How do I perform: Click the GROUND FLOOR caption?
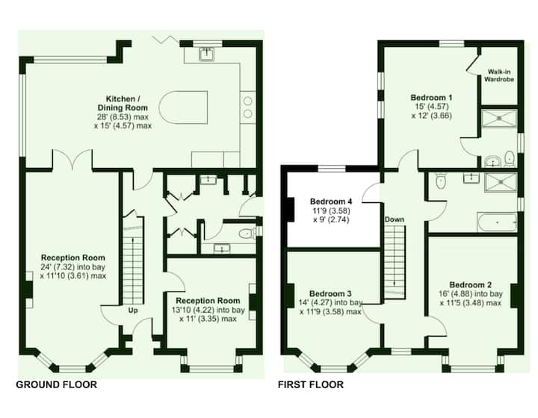56,384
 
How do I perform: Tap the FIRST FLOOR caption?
311,384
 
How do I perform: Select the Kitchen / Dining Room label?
123,103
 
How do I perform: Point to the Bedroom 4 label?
331,201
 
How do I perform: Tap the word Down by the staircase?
395,219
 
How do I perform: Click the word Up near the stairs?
133,311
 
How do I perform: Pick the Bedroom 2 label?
471,284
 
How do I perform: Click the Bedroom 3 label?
330,293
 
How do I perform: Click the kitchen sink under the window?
206,54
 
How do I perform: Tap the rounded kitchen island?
184,107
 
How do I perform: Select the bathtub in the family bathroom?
497,222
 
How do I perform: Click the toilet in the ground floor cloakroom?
247,234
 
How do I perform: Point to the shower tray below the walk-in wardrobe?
499,118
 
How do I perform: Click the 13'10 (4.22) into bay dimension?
208,310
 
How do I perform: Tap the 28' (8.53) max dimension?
123,117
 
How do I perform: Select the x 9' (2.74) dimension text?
331,219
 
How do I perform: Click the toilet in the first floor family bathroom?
440,181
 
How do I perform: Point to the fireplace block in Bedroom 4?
291,210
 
